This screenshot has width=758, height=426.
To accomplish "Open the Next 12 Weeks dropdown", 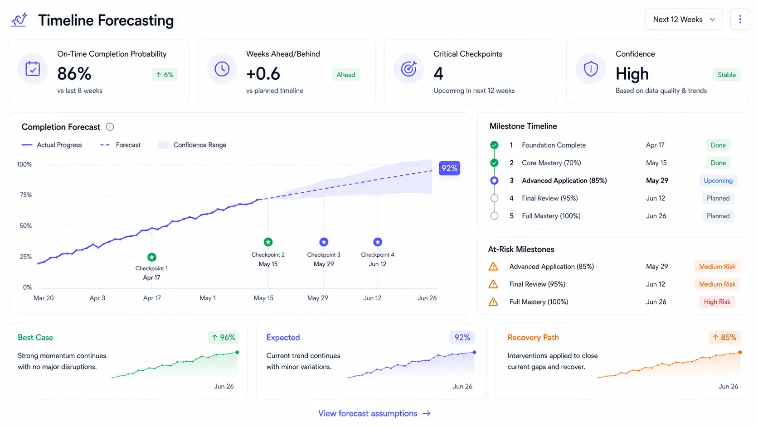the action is point(684,19).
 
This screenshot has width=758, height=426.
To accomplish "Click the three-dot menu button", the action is point(740,19).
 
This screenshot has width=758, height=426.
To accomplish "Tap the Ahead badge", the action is point(346,75).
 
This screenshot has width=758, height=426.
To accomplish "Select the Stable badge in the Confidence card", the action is point(727,75).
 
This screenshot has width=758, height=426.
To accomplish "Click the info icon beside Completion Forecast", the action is point(110,127).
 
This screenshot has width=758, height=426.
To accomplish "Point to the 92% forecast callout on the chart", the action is point(449,168).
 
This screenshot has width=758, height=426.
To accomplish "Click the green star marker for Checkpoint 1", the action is point(152,257).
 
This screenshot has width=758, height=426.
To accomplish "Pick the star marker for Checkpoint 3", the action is point(324,242).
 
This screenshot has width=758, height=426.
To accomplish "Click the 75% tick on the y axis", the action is point(26,195).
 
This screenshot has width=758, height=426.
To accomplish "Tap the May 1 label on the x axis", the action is point(208,298).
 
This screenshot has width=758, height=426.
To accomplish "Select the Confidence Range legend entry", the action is point(192,145).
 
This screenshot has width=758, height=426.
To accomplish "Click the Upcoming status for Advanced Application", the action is point(718,181).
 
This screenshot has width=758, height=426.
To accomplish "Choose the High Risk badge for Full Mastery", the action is point(717,302).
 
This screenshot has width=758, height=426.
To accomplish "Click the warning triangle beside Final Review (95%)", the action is point(493,284).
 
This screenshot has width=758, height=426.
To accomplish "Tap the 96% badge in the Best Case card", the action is point(224,337).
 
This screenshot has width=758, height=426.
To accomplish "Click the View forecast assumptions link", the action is point(374,413).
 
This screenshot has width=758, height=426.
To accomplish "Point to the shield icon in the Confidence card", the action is point(591,69).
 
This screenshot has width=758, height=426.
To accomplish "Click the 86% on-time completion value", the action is point(74,74).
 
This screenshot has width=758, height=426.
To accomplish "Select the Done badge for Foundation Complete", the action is point(718,145).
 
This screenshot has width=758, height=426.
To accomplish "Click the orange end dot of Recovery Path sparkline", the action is point(740,352).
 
